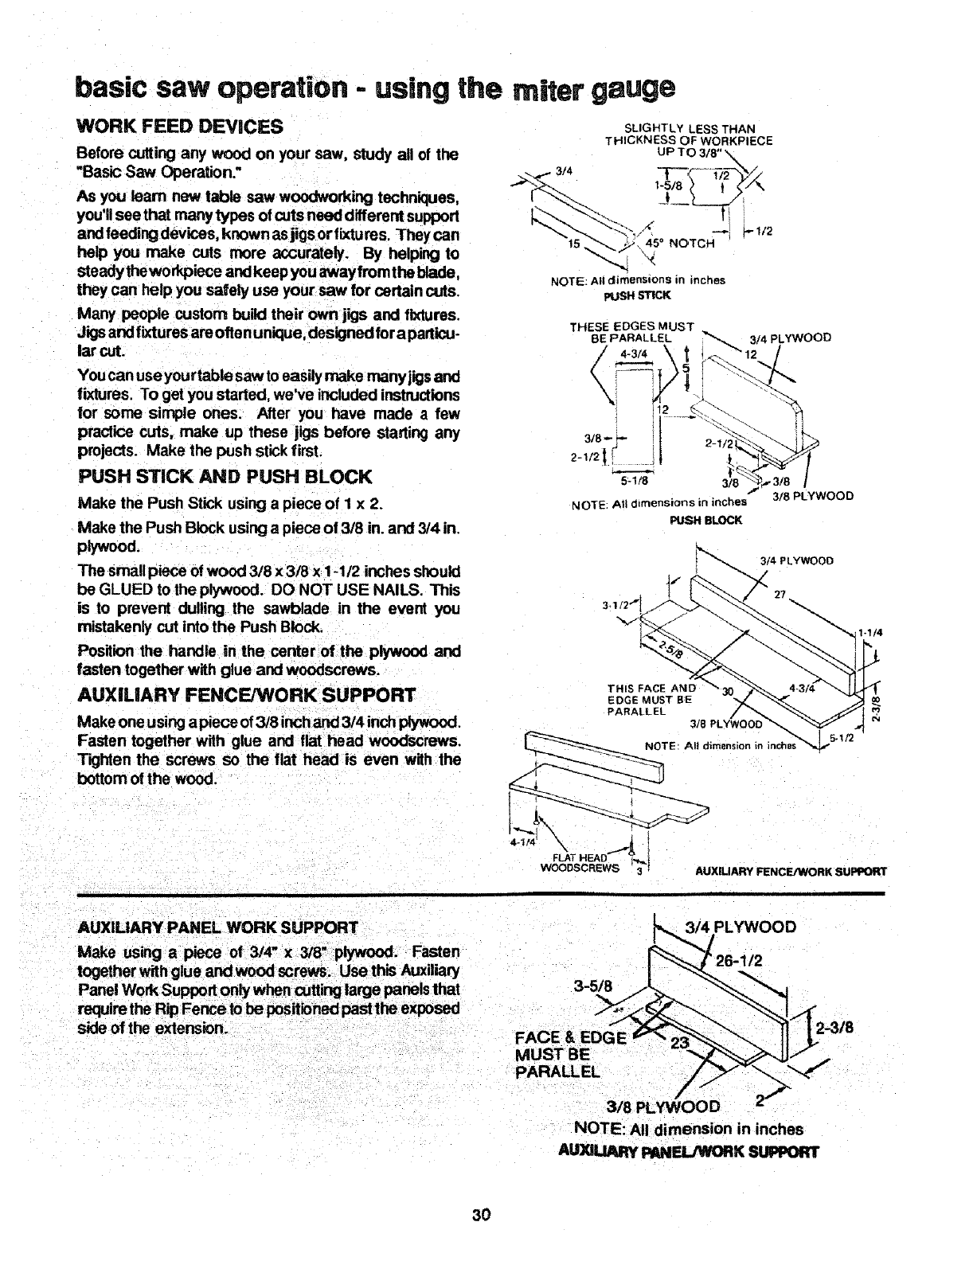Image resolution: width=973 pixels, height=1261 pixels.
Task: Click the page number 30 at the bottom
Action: [x=480, y=1214]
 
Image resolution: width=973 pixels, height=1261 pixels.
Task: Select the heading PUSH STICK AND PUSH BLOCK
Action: [x=225, y=477]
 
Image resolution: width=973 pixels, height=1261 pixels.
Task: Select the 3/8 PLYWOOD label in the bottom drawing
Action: [x=662, y=1107]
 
